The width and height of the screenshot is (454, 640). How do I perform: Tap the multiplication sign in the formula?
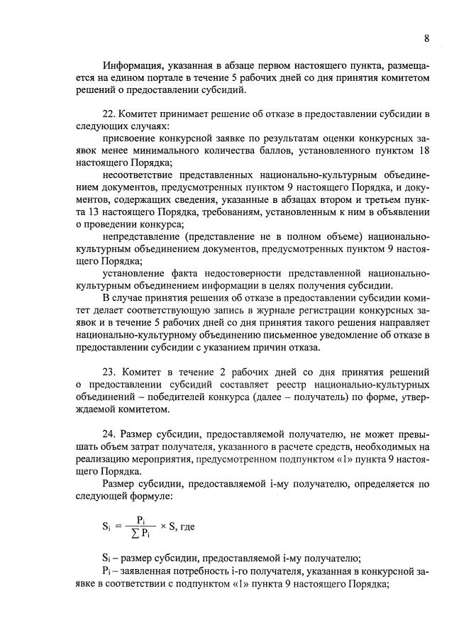(163, 526)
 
